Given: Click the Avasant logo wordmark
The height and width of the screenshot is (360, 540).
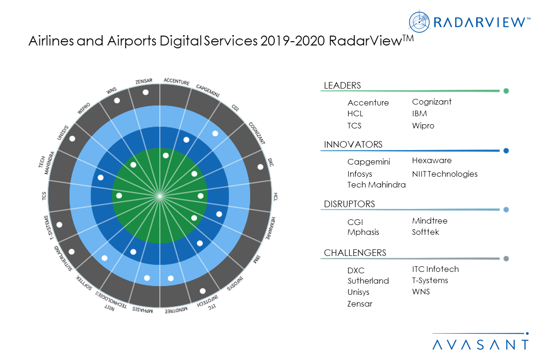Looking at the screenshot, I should tap(480, 345).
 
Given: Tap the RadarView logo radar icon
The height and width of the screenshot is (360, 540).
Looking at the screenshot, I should tap(419, 21).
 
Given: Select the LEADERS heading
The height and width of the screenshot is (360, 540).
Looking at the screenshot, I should tap(342, 85).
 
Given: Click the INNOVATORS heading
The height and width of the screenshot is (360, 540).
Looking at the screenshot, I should tap(353, 144).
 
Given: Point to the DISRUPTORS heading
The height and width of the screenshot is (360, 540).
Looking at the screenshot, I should tap(349, 204).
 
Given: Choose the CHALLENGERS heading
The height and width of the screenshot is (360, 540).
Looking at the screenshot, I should tap(355, 253).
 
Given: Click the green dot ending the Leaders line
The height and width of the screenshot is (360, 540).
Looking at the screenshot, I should tap(506, 91).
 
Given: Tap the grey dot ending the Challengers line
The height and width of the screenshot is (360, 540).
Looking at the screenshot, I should tap(506, 259).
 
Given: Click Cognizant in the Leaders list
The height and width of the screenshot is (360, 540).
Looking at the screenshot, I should tap(432, 102).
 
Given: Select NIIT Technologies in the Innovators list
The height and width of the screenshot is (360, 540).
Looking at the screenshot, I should tap(444, 174).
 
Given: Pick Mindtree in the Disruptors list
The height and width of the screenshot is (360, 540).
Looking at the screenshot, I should tap(429, 221).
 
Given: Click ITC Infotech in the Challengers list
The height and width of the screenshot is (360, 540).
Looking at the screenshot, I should tap(435, 269).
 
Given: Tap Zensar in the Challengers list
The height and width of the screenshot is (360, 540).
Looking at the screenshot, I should tap(360, 304).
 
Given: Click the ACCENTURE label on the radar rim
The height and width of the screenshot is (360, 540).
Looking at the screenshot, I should tap(176, 82).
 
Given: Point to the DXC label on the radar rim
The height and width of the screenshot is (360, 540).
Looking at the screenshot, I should tap(270, 162).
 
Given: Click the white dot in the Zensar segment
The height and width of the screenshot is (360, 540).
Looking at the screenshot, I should tap(145, 92).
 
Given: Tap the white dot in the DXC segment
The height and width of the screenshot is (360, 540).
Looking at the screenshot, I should tap(260, 167).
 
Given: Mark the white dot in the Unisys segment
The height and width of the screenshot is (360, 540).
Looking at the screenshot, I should tap(72, 139).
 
